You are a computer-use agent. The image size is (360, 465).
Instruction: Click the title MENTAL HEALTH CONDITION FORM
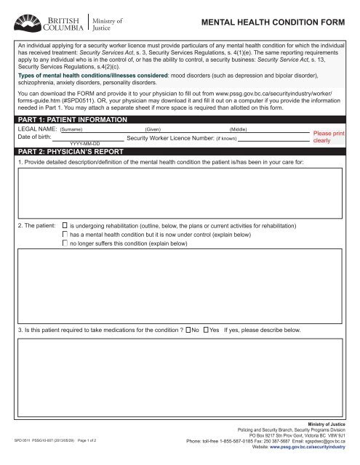click(x=279, y=23)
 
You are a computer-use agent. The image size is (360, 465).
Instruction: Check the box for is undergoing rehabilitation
click(x=65, y=227)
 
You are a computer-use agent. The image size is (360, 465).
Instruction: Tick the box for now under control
click(x=65, y=235)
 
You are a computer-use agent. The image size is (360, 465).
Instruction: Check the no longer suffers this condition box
click(x=65, y=244)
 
